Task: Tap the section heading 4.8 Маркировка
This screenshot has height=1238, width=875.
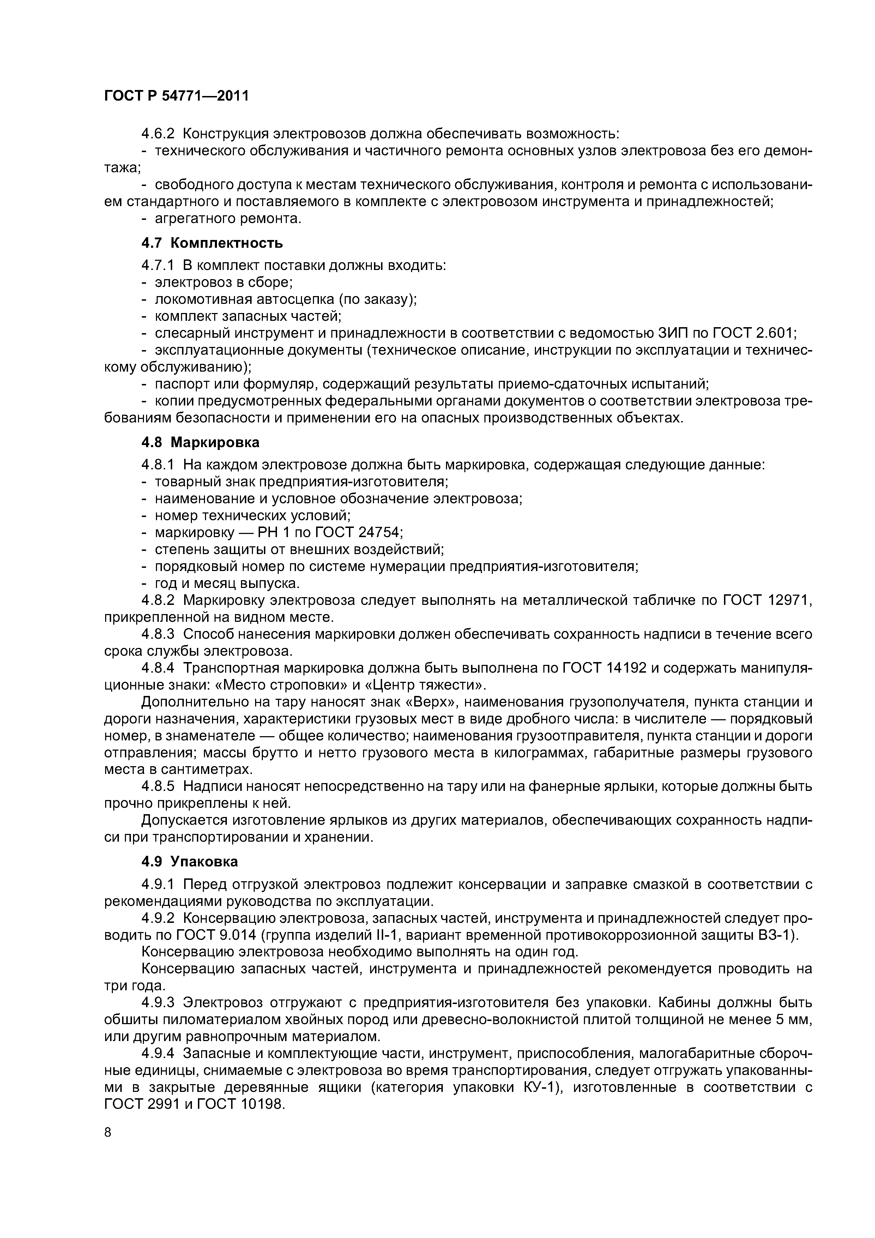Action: coord(200,442)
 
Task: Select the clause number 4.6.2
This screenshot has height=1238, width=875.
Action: coord(158,133)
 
